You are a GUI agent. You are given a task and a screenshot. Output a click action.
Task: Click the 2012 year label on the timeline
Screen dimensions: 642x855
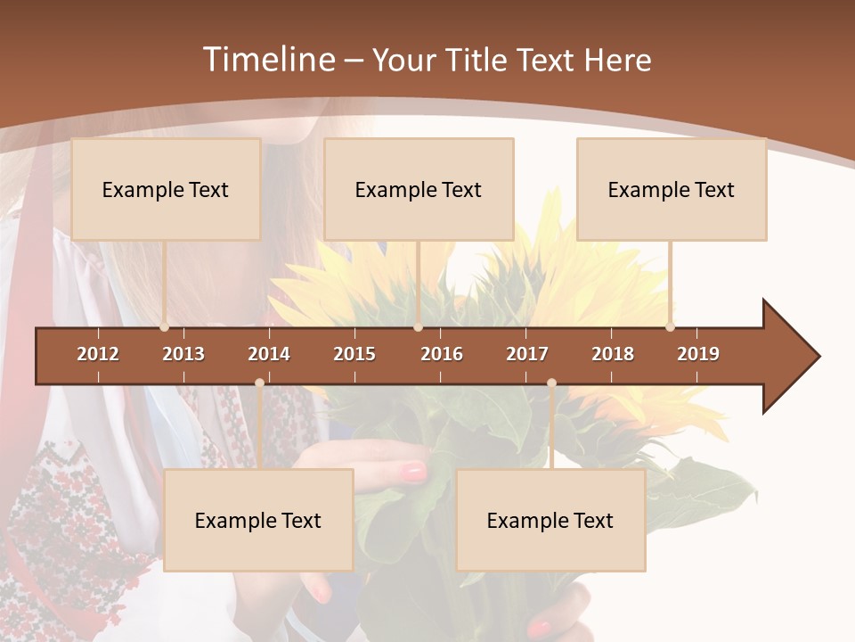pos(98,354)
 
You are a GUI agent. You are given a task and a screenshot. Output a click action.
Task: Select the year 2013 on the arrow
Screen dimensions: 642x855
pos(183,354)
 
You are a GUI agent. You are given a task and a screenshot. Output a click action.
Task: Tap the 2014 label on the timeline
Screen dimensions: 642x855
pos(269,354)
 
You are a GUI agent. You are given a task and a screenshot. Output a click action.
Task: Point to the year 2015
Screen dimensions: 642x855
pos(354,354)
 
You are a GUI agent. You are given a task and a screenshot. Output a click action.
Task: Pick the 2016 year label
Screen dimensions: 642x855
pos(442,354)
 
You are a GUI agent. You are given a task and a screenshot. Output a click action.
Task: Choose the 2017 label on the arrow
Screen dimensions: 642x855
pos(527,354)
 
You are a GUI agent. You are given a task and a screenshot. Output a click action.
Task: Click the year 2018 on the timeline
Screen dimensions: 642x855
pos(613,354)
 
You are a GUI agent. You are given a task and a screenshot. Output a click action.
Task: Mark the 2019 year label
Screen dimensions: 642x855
pos(698,354)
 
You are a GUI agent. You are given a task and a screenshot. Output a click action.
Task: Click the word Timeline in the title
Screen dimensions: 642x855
pos(267,60)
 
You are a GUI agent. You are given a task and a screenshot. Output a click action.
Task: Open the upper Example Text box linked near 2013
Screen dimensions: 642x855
pos(166,189)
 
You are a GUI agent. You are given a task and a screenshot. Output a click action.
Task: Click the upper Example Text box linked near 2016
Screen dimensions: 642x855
pos(419,189)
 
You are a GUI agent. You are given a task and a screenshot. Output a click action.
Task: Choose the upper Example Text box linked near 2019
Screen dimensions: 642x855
pos(672,189)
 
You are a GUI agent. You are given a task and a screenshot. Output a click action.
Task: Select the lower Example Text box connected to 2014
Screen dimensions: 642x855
pos(258,520)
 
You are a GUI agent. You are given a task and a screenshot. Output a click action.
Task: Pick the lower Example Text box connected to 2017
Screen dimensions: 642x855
pos(550,520)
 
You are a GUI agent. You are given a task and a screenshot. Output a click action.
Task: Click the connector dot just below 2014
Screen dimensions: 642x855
pos(259,383)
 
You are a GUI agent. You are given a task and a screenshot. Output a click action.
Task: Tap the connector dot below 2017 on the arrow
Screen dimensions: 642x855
pos(551,383)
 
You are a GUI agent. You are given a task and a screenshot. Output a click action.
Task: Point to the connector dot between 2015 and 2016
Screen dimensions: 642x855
pos(418,327)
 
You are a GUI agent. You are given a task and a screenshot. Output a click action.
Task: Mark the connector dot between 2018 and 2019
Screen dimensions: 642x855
pos(670,327)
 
